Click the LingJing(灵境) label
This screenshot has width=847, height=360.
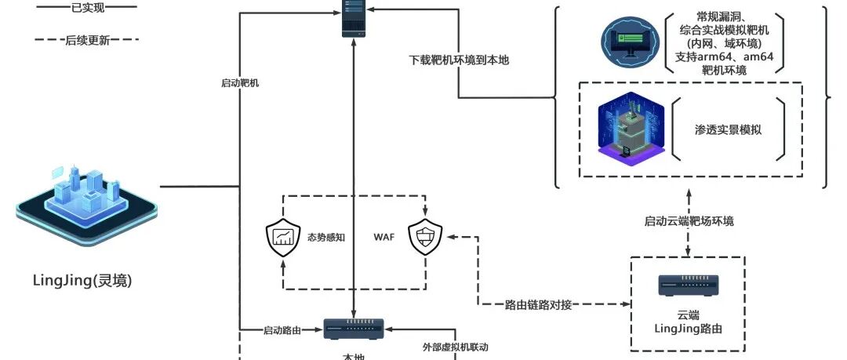coord(82,280)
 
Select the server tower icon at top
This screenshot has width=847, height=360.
coord(354,19)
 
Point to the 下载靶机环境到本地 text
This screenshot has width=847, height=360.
coord(460,60)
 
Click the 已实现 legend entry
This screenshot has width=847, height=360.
coord(86,6)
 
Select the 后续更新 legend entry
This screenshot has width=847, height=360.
coord(86,39)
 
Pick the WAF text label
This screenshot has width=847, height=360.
coord(384,236)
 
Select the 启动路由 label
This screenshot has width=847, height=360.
coord(282,330)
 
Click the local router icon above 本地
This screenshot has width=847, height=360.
coord(354,329)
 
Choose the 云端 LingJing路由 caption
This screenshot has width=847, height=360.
coord(688,319)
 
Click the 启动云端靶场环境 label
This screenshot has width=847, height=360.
coord(688,221)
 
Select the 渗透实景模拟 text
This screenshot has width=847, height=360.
coord(728,129)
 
